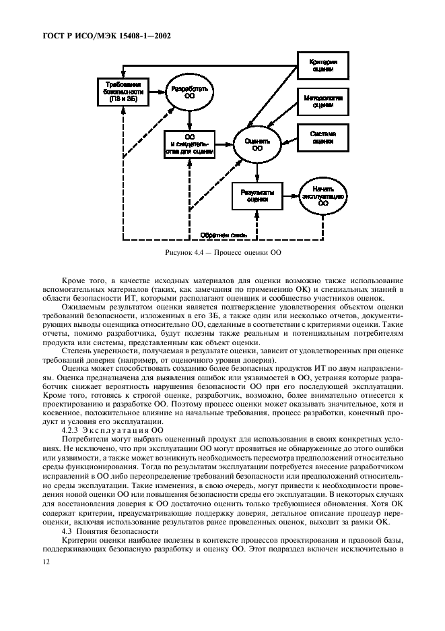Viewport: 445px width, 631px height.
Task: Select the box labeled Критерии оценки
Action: pyautogui.click(x=322, y=65)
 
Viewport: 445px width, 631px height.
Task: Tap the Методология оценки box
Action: pyautogui.click(x=322, y=101)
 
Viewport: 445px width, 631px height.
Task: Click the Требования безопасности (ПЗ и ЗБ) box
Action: pyautogui.click(x=122, y=92)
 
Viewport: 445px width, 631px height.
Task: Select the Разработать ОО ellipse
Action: pyautogui.click(x=191, y=92)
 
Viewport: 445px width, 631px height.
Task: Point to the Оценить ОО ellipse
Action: pyautogui.click(x=257, y=145)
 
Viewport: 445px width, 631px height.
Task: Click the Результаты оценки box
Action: pyautogui.click(x=256, y=195)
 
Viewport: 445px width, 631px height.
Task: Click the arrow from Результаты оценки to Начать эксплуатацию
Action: pyautogui.click(x=290, y=195)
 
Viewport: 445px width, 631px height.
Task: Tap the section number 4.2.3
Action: pyautogui.click(x=72, y=429)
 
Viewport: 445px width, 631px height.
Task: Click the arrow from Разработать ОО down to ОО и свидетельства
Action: pyautogui.click(x=191, y=119)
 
